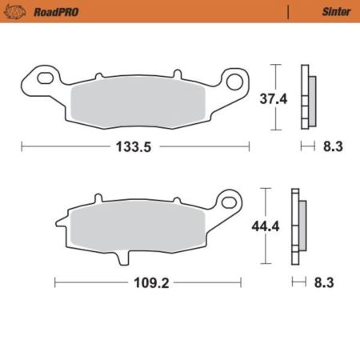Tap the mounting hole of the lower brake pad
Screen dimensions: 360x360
tap(229, 200)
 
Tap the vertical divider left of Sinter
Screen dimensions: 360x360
tap(287, 11)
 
